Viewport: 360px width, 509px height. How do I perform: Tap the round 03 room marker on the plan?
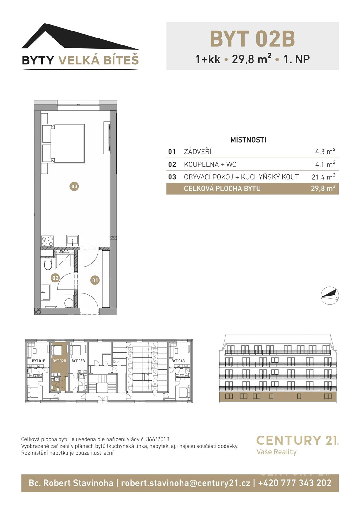pyautogui.click(x=74, y=186)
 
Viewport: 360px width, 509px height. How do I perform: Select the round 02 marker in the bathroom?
pyautogui.click(x=55, y=278)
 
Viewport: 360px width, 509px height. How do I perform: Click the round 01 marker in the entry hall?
pyautogui.click(x=95, y=280)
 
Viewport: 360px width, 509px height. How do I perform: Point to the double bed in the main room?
pyautogui.click(x=67, y=143)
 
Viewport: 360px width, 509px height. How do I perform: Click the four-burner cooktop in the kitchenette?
pyautogui.click(x=48, y=241)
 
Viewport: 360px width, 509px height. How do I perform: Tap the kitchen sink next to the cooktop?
pyautogui.click(x=73, y=241)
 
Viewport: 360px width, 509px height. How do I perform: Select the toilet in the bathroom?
pyautogui.click(x=48, y=264)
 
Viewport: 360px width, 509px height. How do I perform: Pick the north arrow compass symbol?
pyautogui.click(x=329, y=296)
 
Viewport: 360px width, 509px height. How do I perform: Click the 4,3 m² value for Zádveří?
pyautogui.click(x=325, y=151)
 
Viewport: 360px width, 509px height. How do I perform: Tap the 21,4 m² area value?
pyautogui.click(x=323, y=177)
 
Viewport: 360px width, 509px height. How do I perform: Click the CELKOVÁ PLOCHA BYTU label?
pyautogui.click(x=222, y=189)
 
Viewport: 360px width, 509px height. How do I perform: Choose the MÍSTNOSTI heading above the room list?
pyautogui.click(x=248, y=140)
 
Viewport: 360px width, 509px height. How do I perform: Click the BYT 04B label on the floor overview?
pyautogui.click(x=178, y=361)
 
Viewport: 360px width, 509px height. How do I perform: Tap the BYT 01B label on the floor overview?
pyautogui.click(x=38, y=361)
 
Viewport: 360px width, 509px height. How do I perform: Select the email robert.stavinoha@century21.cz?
pyautogui.click(x=185, y=483)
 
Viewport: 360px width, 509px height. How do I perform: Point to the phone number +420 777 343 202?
pyautogui.click(x=294, y=483)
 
